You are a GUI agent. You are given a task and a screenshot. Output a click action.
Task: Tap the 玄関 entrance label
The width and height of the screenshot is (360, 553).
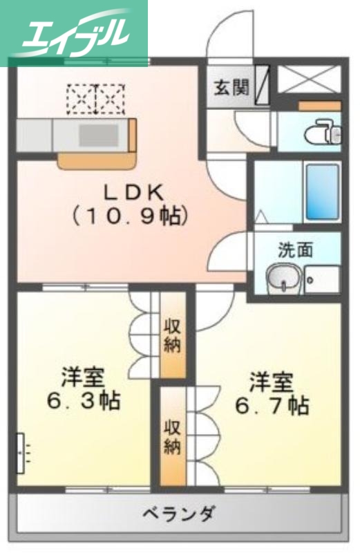pos(229,87)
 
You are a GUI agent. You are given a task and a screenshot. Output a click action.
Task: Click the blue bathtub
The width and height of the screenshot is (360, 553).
pos(322,191)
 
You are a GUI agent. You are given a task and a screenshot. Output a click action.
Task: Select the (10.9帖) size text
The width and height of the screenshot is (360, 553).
pos(131,216)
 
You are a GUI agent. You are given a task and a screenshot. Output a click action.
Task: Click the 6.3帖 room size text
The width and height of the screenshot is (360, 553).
pos(83,400)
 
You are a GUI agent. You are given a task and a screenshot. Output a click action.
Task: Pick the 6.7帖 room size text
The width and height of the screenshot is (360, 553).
pos(271,405)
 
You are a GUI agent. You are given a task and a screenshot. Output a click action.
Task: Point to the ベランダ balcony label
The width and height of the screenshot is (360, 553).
pos(178,514)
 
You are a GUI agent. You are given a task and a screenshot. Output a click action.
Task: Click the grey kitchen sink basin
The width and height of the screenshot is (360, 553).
pos(97,134)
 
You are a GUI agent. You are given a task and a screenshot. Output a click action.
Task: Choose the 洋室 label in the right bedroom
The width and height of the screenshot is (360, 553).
pos(271,382)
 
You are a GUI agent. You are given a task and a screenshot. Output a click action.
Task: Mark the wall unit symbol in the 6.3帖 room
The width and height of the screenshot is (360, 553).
pos(20,452)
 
